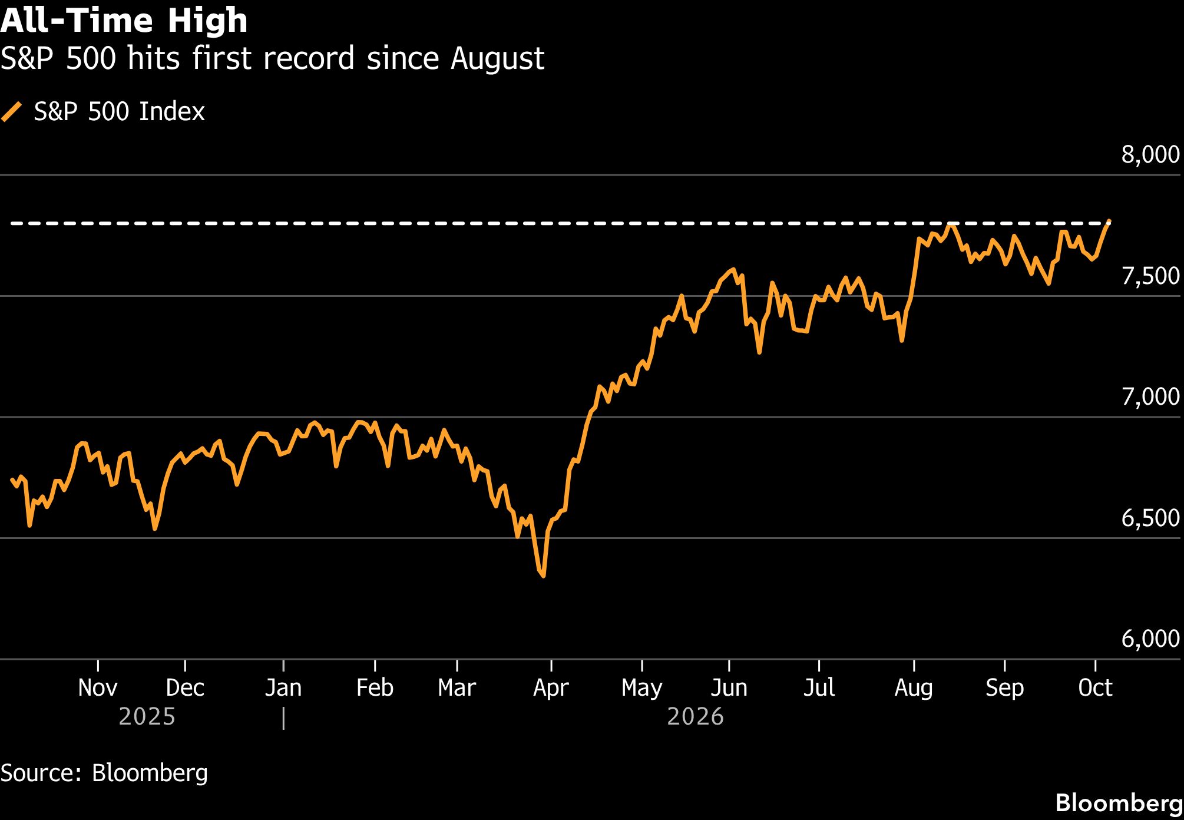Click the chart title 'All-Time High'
pyautogui.click(x=124, y=21)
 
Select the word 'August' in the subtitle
pyautogui.click(x=498, y=59)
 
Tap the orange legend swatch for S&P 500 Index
pyautogui.click(x=12, y=111)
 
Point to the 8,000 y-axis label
pyautogui.click(x=1150, y=154)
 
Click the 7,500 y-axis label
pyautogui.click(x=1150, y=276)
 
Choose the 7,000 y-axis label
pyautogui.click(x=1150, y=396)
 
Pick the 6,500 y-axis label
pyautogui.click(x=1150, y=518)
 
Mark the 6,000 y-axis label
pyautogui.click(x=1150, y=639)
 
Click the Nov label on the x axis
pyautogui.click(x=98, y=687)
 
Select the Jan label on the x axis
pyautogui.click(x=283, y=687)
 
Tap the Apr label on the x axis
pyautogui.click(x=551, y=688)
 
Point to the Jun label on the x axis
pyautogui.click(x=729, y=687)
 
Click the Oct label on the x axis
pyautogui.click(x=1095, y=687)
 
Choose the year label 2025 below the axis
pyautogui.click(x=147, y=717)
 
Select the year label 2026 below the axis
pyautogui.click(x=695, y=717)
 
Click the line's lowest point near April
pyautogui.click(x=543, y=576)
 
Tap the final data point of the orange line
pyautogui.click(x=1109, y=221)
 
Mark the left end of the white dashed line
pyautogui.click(x=11, y=223)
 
